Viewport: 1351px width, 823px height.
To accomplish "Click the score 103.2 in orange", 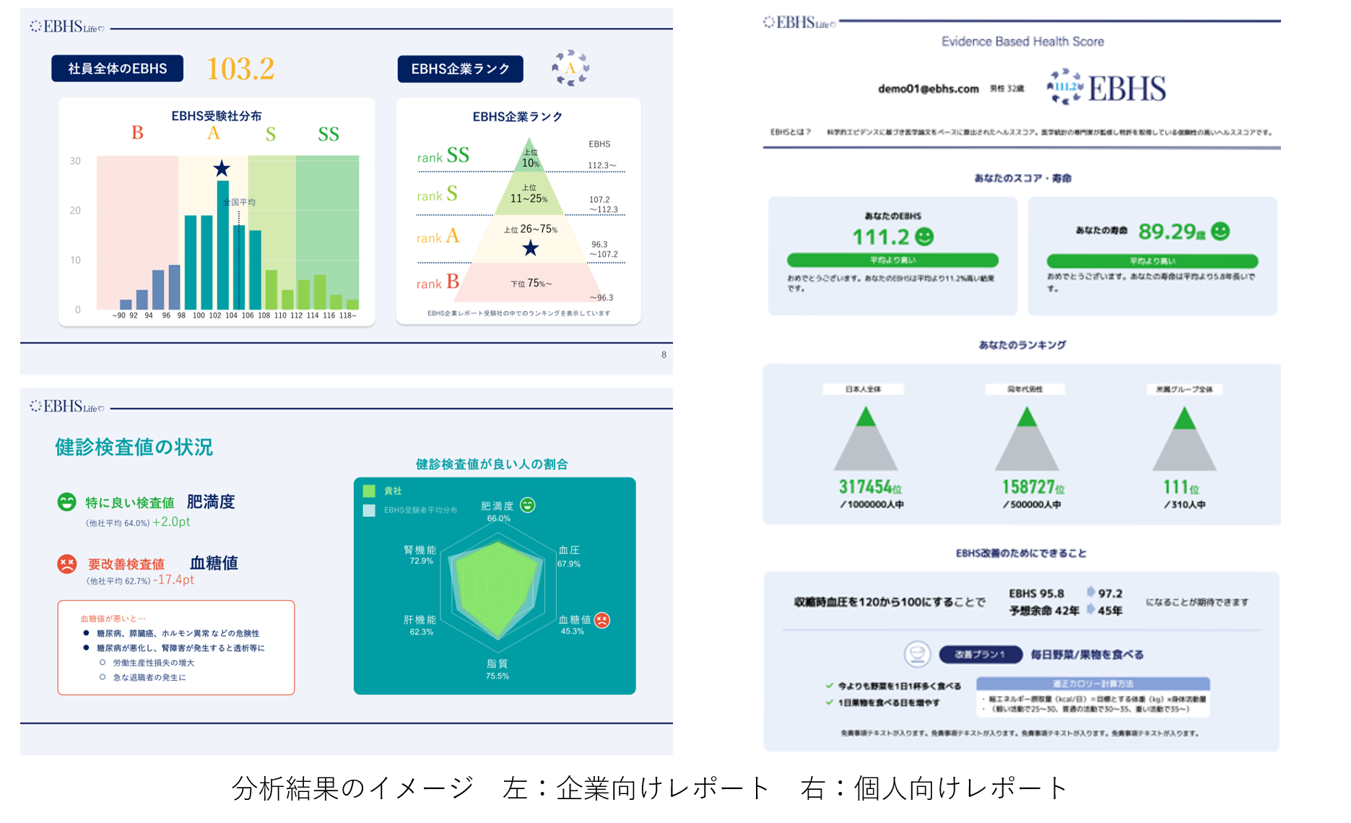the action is coord(240,69).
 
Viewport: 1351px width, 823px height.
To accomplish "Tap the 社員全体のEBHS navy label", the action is coord(117,69).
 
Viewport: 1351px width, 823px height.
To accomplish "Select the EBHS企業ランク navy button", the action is coord(460,69).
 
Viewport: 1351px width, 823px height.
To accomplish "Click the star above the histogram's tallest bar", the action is coord(222,169).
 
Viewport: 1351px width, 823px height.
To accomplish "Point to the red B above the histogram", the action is coord(137,133).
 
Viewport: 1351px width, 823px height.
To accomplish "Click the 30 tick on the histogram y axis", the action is coord(75,161).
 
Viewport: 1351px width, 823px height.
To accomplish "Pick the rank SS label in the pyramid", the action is coord(443,155).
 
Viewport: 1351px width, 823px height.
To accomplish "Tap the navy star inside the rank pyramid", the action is coord(531,248).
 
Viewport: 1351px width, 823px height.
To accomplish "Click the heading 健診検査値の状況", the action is coord(134,447).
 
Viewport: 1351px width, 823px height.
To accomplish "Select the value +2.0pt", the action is coord(171,522).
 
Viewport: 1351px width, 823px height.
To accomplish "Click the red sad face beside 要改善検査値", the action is coord(67,564).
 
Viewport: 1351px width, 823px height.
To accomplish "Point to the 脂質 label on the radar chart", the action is coord(497,663).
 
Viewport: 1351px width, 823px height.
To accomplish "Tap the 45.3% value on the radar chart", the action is coord(572,631).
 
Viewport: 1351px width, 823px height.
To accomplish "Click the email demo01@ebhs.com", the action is coord(928,89).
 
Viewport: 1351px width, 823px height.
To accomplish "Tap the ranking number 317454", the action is coord(866,487).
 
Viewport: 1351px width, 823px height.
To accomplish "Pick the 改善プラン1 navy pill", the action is coord(980,655).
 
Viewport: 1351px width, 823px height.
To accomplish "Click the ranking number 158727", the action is coord(1028,487).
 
